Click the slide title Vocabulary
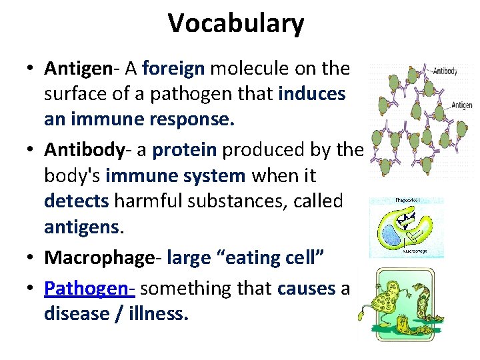pyautogui.click(x=236, y=23)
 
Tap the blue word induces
pyautogui.click(x=311, y=94)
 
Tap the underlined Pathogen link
pyautogui.click(x=89, y=288)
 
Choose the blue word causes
pyautogui.click(x=305, y=288)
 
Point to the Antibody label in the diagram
pyautogui.click(x=444, y=71)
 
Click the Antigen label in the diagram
pyautogui.click(x=461, y=105)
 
